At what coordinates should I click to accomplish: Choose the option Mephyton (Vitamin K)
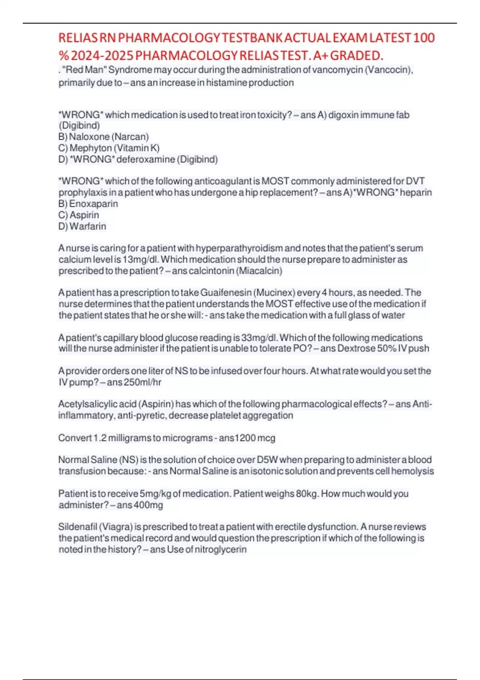pyautogui.click(x=114, y=148)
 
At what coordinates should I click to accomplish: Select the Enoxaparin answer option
pyautogui.click(x=94, y=204)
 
